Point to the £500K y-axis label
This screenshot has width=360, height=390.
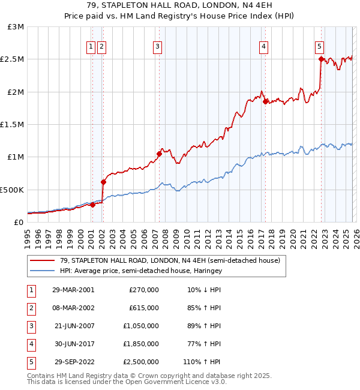[12, 190]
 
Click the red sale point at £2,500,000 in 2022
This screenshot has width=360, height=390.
[321, 59]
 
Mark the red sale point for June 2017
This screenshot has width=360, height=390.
[265, 101]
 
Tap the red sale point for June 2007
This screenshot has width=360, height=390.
[159, 154]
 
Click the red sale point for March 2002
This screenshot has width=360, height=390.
[103, 182]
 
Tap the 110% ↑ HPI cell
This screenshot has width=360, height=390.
[202, 362]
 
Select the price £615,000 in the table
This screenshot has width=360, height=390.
[144, 308]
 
